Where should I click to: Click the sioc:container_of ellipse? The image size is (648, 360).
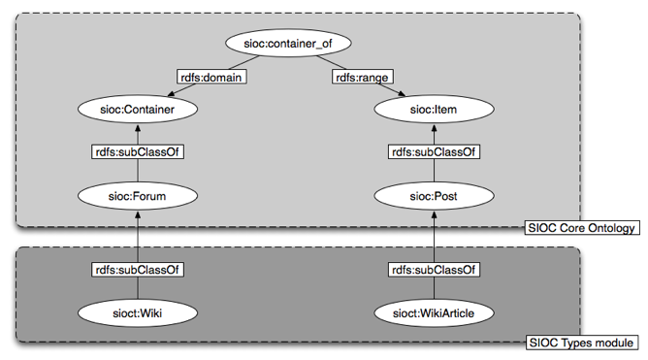click(285, 44)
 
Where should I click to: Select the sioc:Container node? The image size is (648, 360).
click(138, 111)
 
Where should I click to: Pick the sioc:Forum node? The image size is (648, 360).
click(138, 196)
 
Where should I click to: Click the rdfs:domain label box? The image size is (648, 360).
click(210, 77)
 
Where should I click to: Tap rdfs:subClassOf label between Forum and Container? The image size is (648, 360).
click(138, 152)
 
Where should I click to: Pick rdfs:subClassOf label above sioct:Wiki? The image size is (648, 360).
click(138, 270)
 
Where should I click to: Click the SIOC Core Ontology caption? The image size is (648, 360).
click(580, 228)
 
